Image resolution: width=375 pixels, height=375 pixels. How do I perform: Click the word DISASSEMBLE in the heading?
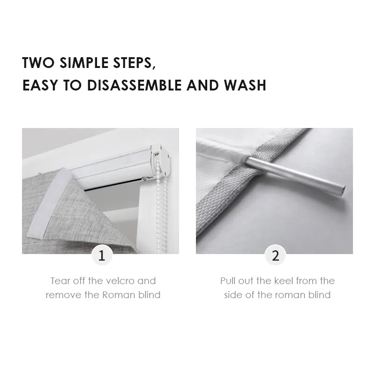[x=134, y=85]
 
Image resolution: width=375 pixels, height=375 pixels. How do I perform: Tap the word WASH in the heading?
[x=245, y=85]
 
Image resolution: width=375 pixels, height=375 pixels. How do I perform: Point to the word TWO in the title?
[x=38, y=62]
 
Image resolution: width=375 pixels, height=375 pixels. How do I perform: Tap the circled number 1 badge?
[x=102, y=255]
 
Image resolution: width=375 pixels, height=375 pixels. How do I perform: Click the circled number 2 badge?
[x=276, y=255]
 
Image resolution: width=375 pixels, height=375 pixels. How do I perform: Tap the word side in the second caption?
[x=233, y=295]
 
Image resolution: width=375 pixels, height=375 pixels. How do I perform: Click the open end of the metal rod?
[x=343, y=191]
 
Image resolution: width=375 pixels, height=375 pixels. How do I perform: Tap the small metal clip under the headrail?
[x=146, y=179]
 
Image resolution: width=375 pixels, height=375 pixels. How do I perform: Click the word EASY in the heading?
[x=40, y=85]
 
